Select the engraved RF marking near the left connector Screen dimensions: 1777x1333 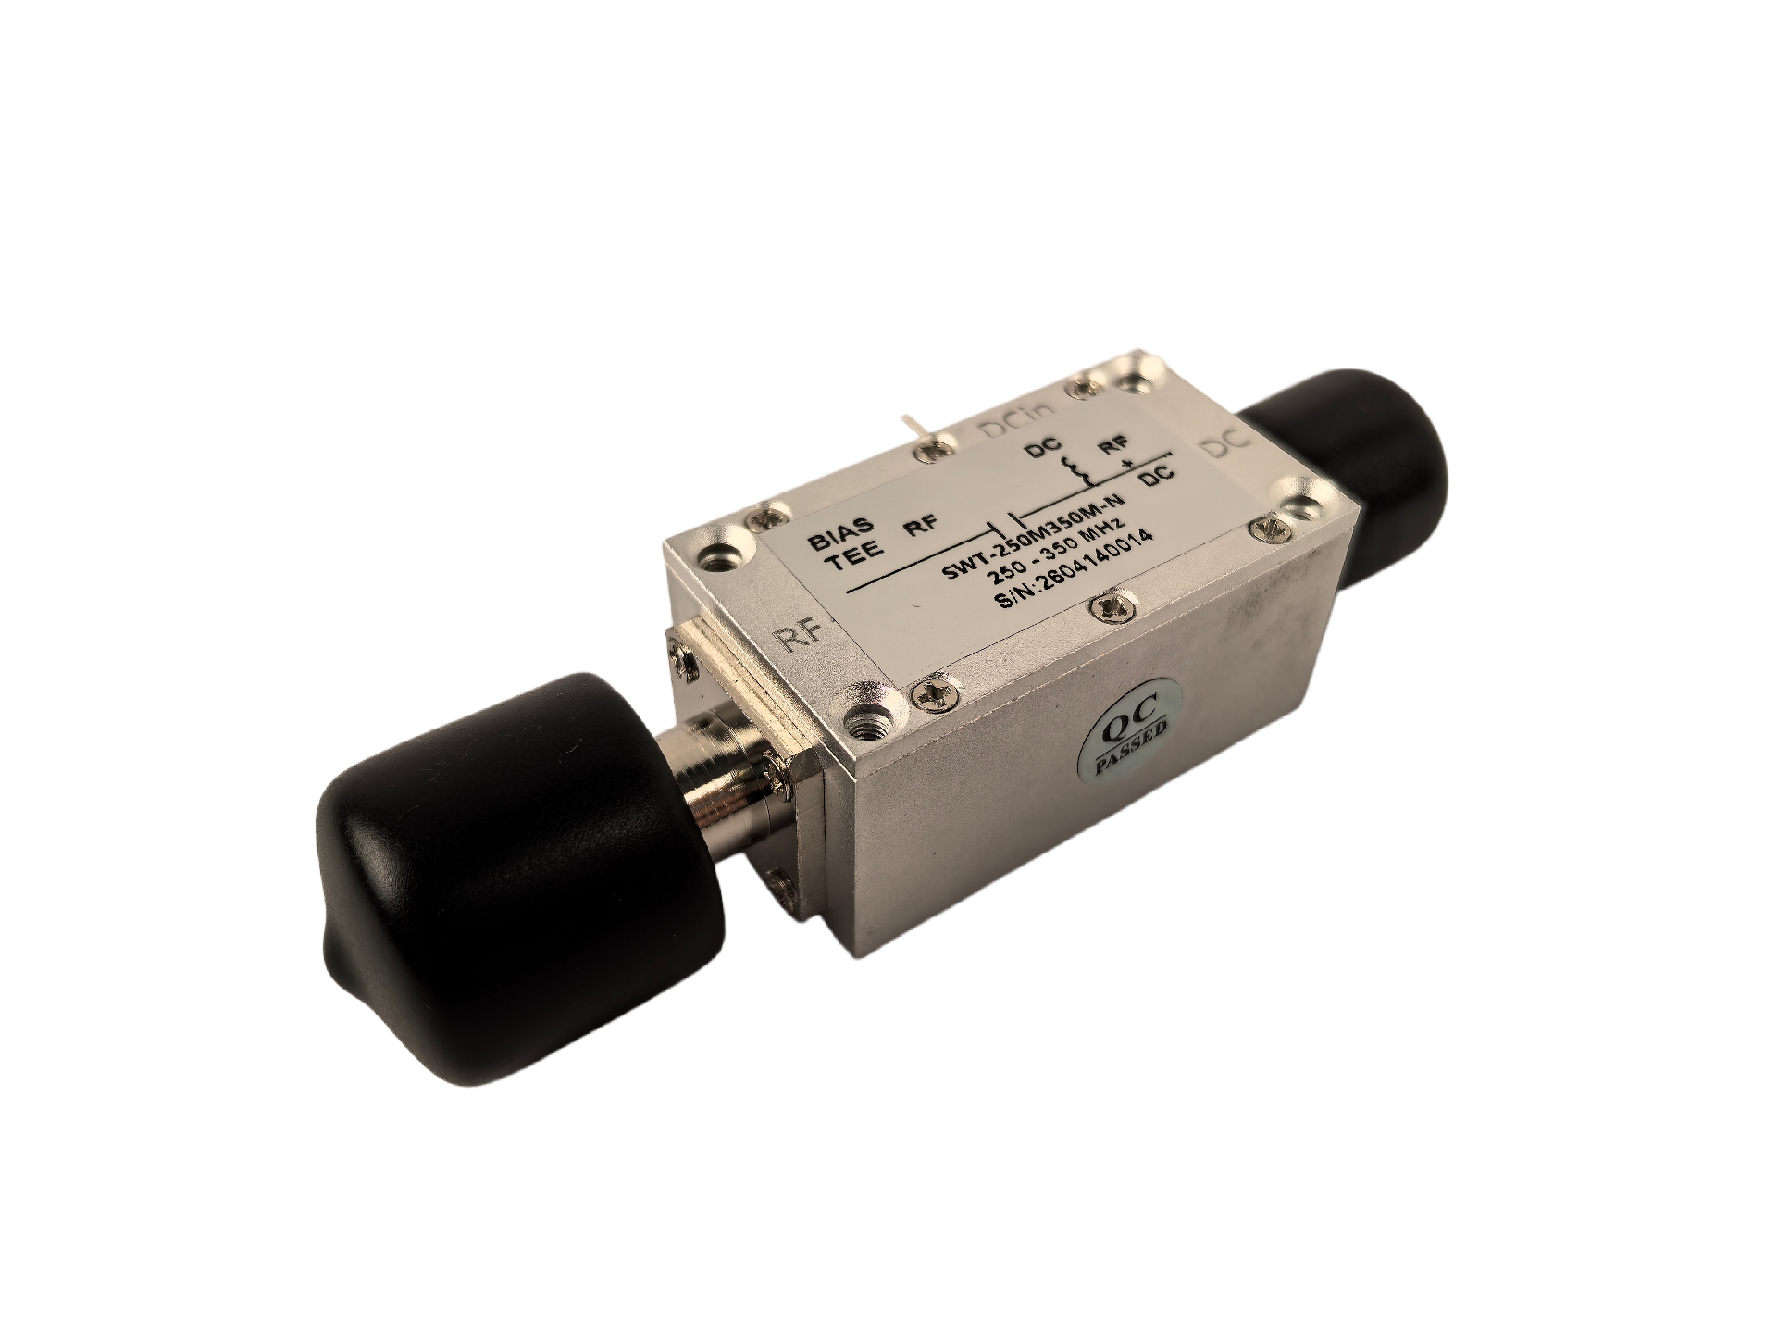point(800,638)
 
